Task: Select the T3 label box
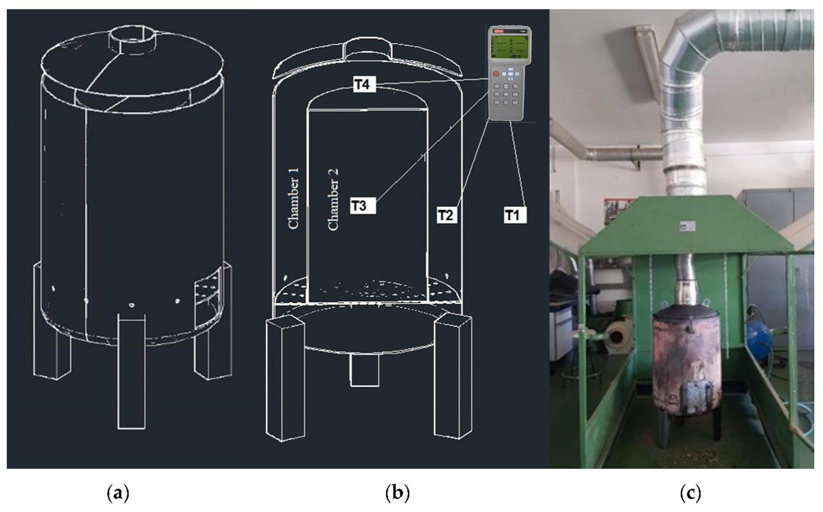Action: tap(363, 205)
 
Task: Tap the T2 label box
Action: tap(447, 215)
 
